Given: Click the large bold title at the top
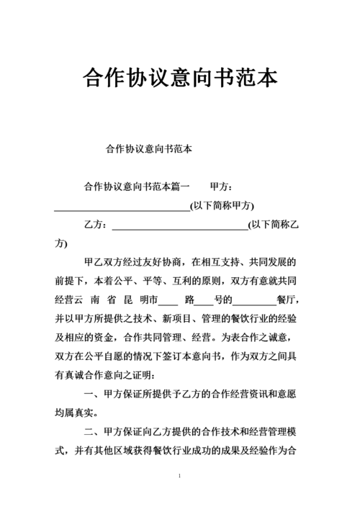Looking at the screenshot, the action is point(180,77).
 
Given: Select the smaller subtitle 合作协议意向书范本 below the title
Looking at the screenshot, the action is point(148,149).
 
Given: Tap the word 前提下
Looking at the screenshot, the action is point(73,280).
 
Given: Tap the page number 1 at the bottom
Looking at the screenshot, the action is point(179,477).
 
